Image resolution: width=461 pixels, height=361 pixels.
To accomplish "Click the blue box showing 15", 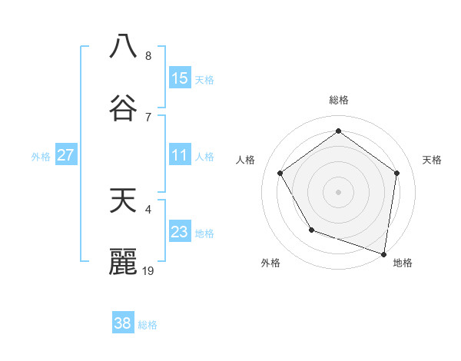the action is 180,78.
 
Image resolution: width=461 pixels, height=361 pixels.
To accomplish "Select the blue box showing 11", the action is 180,155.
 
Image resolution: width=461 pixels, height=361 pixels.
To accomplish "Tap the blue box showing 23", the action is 180,232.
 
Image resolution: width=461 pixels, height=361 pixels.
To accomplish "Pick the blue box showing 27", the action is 65,155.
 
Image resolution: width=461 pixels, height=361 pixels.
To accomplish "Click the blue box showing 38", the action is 123,323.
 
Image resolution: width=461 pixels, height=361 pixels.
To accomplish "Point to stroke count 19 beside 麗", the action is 148,270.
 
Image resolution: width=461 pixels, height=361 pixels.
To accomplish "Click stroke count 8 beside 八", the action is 148,55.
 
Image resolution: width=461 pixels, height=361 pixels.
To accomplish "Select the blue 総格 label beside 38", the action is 148,325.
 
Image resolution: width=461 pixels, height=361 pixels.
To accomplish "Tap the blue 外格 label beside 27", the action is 41,157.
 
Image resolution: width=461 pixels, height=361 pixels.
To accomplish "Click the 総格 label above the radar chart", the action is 338,100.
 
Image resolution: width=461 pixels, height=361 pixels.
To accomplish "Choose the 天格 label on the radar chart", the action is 433,160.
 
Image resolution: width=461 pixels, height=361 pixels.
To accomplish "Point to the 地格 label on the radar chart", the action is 403,263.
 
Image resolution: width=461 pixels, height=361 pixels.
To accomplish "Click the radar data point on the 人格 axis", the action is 280,173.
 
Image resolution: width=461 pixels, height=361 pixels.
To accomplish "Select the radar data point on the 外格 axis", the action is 311,230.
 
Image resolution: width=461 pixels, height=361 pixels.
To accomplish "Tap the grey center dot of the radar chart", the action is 338,191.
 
